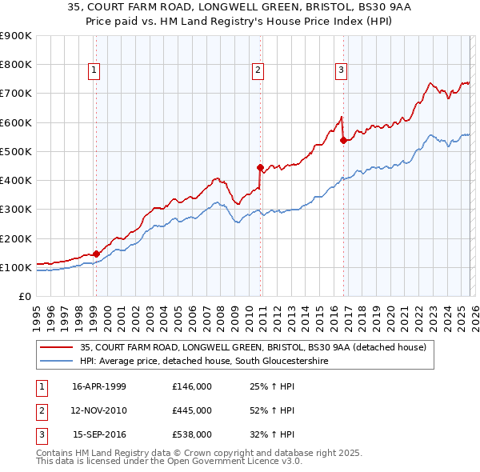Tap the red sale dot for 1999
point(96,254)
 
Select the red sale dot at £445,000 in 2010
point(260,167)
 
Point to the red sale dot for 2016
point(343,141)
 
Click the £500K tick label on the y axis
point(15,151)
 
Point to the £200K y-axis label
point(15,238)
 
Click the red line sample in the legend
point(57,347)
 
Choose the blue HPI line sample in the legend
point(57,361)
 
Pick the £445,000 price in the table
point(192,410)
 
